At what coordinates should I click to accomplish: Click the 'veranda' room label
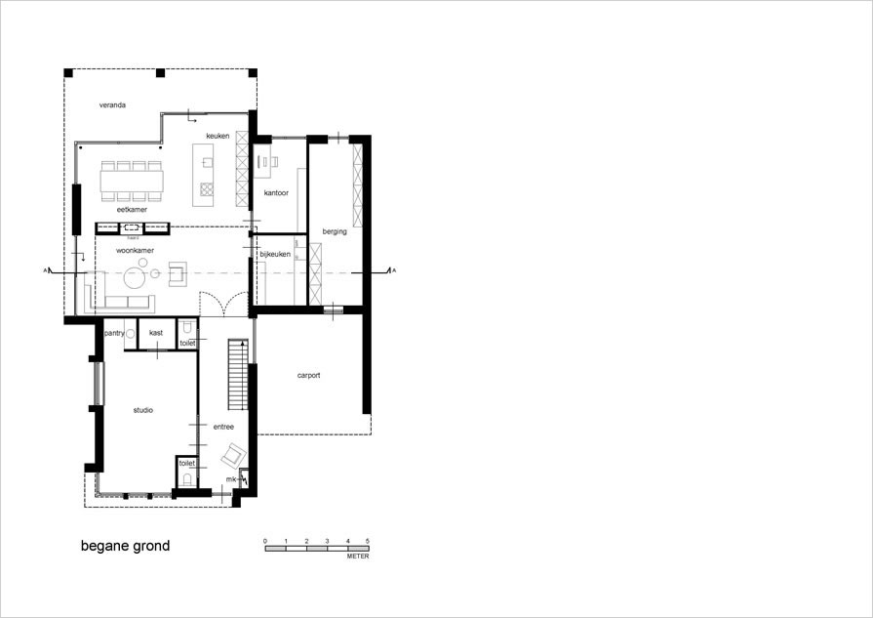[x=112, y=104]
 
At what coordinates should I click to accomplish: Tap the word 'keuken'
[x=218, y=136]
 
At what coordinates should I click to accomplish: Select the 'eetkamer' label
[x=132, y=209]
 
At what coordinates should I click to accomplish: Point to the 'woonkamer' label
[x=137, y=251]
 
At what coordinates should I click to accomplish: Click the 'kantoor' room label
[x=276, y=193]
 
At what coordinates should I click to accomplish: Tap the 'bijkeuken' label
[x=275, y=255]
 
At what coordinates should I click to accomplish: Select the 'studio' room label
[x=143, y=410]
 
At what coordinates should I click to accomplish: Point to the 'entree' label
[x=223, y=426]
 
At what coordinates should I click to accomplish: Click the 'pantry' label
[x=114, y=333]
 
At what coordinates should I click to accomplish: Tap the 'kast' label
[x=156, y=333]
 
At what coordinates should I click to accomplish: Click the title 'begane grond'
[x=125, y=546]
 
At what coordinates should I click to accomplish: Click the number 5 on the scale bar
[x=368, y=540]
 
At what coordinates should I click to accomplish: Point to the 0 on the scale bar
[x=265, y=540]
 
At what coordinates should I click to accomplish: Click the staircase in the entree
[x=235, y=376]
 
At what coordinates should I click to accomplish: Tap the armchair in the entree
[x=233, y=455]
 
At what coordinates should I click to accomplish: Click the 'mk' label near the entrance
[x=231, y=479]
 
